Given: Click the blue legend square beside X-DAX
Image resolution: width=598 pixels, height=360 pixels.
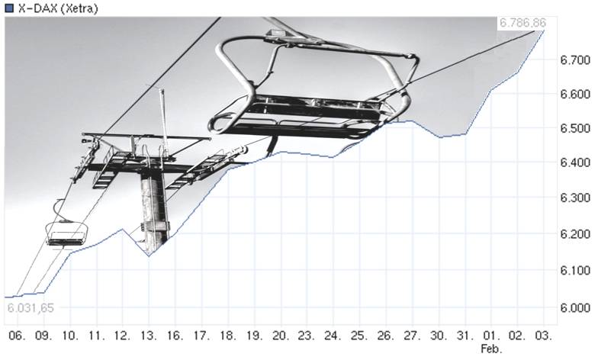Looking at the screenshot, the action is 9,8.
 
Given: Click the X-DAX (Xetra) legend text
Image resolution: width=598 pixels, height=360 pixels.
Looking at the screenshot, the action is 58,8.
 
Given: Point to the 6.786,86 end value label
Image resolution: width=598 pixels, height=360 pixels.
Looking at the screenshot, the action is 522,23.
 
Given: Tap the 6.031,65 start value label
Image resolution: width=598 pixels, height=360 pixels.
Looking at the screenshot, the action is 31,308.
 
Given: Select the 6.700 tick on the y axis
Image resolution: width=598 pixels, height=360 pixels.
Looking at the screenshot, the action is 575,59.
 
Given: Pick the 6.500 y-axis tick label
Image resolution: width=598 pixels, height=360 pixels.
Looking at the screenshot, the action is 575,128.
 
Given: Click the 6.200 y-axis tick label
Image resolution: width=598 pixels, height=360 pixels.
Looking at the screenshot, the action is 575,233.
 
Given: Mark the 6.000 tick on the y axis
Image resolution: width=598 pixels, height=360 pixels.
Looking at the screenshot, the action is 575,307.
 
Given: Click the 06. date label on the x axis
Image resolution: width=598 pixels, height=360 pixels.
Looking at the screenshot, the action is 18,336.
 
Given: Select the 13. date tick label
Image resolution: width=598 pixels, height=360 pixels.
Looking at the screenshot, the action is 149,336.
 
